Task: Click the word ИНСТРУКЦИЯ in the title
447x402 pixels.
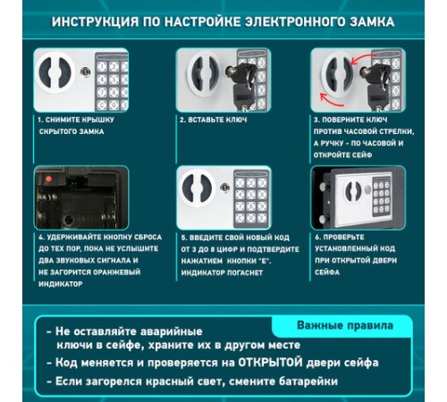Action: coord(95,21)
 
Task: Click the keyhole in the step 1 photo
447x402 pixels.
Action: coord(86,71)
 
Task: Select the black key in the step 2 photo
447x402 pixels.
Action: coord(241,84)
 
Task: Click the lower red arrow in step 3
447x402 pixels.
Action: coord(331,100)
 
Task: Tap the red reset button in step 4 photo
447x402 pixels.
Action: coord(48,180)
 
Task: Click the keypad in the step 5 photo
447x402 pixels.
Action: coord(251,199)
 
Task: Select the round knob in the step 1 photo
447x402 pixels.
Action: coord(55,72)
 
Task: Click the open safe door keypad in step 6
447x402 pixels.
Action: coord(382,197)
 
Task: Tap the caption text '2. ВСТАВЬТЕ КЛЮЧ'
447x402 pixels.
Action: coord(213,120)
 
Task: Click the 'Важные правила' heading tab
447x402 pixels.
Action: coord(345,325)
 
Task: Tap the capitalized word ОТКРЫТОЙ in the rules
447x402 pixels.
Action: coord(270,363)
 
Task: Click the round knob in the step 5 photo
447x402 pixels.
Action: coord(197,188)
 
